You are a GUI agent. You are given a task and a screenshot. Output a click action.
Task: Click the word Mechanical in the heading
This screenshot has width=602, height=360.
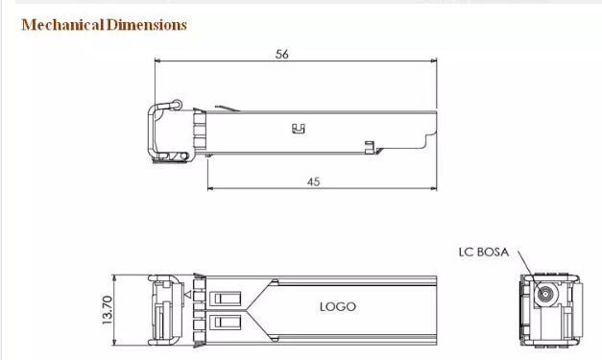[x=63, y=25]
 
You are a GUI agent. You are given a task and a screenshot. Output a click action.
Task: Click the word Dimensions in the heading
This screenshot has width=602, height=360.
[x=147, y=25]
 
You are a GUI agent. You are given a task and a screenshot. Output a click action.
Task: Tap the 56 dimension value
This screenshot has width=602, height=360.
[x=282, y=54]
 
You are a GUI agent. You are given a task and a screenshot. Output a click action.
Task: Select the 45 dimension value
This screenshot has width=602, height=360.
[x=313, y=181]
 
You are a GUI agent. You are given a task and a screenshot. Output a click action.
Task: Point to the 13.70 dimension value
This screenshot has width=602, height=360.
[x=108, y=310]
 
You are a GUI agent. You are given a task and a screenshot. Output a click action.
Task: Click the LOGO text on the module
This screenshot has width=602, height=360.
[x=338, y=306]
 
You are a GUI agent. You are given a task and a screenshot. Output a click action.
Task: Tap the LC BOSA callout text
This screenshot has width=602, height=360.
[x=484, y=252]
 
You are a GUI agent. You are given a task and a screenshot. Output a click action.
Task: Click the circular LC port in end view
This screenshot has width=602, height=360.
[x=545, y=295]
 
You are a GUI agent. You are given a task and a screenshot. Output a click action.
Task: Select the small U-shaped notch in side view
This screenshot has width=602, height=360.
[x=299, y=129]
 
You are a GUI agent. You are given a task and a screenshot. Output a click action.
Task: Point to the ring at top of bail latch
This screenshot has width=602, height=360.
[x=177, y=104]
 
